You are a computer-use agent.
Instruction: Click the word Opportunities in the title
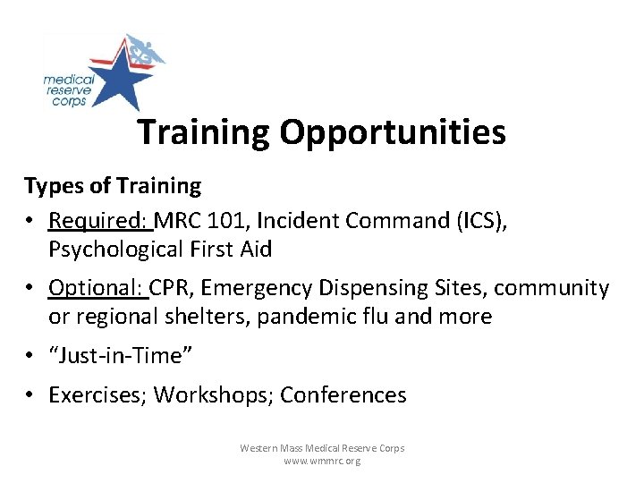[393, 132]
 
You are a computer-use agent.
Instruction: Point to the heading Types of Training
[113, 186]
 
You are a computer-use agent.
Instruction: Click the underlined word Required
[99, 220]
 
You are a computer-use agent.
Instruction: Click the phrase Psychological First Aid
[160, 249]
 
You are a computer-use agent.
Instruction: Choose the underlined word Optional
[97, 288]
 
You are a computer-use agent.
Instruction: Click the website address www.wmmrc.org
[322, 461]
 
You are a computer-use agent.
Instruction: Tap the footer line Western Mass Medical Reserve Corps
[322, 447]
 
